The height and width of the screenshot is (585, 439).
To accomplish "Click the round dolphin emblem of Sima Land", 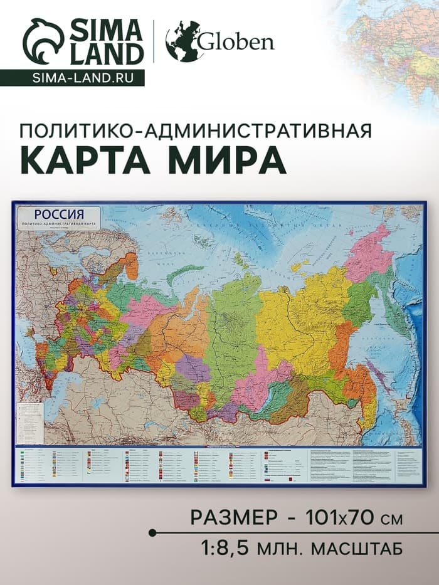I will tap(43, 41).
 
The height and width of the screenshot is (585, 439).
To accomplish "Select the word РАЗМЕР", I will tap(233, 518).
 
